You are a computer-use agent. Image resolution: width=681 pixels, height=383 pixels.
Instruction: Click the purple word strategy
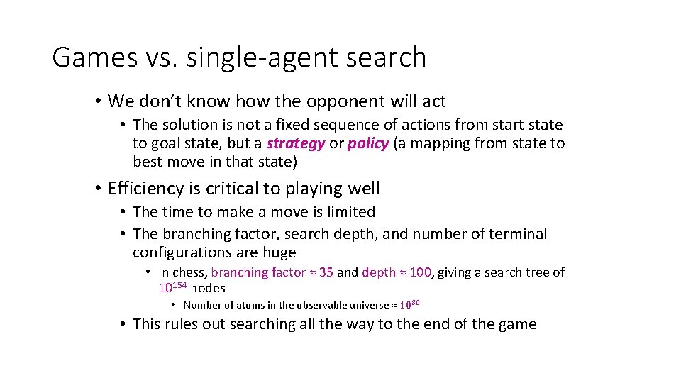[296, 143]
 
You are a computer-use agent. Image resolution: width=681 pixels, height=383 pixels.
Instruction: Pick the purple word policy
[367, 143]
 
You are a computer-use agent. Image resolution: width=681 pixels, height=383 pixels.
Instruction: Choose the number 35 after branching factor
[326, 272]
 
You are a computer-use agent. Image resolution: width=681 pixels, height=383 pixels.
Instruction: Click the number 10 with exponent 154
[166, 289]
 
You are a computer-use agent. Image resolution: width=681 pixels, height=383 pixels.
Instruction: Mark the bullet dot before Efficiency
[98, 189]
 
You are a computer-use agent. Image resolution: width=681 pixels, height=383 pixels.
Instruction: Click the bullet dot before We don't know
[98, 101]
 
